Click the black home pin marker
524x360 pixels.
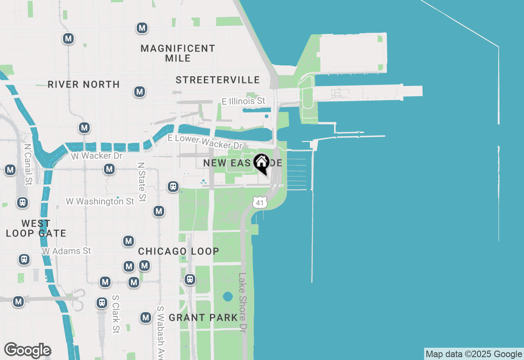tap(261, 163)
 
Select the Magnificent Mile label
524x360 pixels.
tap(178, 53)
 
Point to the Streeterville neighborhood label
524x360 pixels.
tap(218, 80)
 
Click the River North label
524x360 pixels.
tap(84, 84)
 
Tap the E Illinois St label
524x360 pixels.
tap(243, 101)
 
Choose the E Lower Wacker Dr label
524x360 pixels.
tap(206, 142)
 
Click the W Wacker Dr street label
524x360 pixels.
tap(97, 155)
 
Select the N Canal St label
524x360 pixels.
tap(28, 164)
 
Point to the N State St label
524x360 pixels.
tap(142, 182)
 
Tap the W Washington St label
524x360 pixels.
tap(100, 201)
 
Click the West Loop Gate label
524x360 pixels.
tap(36, 229)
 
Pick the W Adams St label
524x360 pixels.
tap(66, 251)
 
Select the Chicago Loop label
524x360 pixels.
tap(178, 251)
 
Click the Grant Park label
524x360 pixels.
tap(203, 317)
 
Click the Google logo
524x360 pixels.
tap(27, 351)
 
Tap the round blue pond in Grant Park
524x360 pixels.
tap(228, 297)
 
